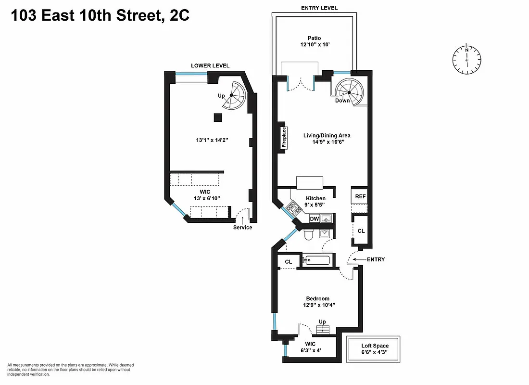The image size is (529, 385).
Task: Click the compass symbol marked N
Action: point(466,59)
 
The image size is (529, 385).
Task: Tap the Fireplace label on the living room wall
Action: point(284,138)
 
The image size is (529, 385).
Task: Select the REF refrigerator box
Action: point(360,196)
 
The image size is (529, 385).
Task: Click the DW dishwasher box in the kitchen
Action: point(315,219)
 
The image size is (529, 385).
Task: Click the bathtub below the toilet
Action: point(316,261)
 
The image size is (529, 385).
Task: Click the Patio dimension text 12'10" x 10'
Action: point(315,45)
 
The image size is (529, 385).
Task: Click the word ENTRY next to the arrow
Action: point(376,259)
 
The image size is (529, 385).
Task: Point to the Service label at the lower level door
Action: point(242,228)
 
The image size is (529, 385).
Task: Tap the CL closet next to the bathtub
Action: point(289,262)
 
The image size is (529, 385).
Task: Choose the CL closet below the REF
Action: point(361,231)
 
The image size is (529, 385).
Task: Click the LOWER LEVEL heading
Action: point(210,65)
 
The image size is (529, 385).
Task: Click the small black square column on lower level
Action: point(218,117)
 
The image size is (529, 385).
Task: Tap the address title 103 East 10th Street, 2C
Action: point(100,16)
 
